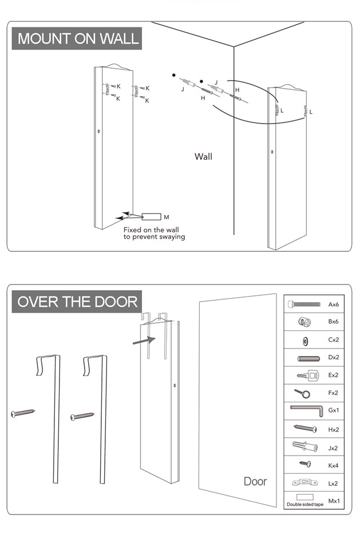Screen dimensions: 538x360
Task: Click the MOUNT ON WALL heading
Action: point(77,38)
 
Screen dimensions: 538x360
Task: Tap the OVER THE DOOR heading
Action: point(77,302)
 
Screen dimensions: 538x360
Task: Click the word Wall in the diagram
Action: point(203,156)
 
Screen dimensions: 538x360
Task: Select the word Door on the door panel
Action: point(255,481)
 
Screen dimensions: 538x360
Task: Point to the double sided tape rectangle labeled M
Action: point(152,217)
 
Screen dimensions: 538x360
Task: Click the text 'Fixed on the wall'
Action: point(151,230)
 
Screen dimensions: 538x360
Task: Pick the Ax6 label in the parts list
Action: point(334,304)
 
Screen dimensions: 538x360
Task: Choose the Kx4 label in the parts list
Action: point(334,465)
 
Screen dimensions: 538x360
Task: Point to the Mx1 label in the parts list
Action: point(334,501)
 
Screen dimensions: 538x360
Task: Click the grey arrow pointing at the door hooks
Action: point(143,340)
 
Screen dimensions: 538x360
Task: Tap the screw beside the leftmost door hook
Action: point(23,413)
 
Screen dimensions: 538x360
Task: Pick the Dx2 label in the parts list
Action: point(334,358)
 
